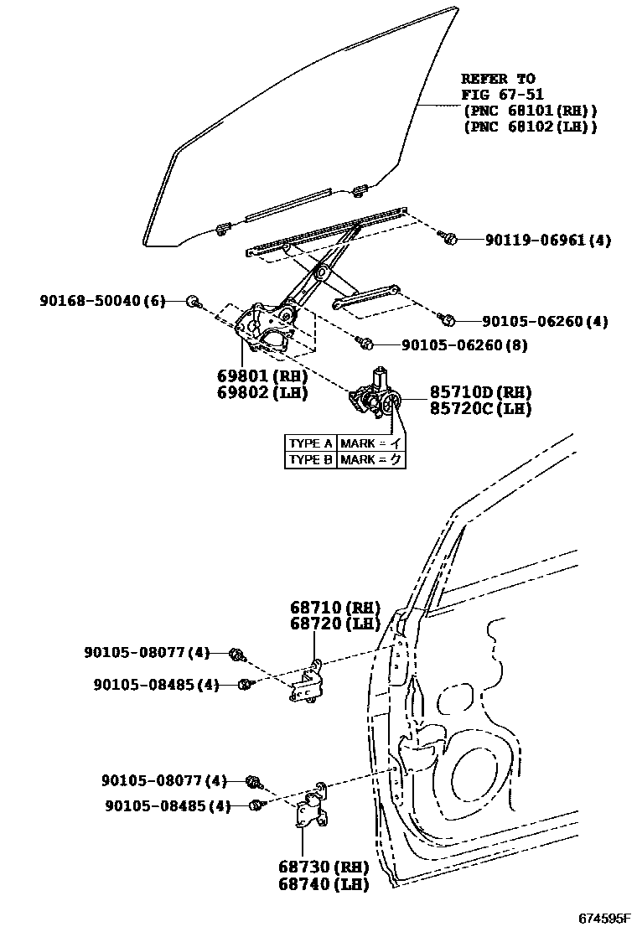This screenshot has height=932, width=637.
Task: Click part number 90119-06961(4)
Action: click(x=547, y=240)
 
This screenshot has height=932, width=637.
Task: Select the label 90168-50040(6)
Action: click(x=103, y=300)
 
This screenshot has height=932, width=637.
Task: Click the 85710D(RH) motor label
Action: click(x=480, y=392)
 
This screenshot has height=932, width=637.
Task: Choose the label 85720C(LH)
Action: click(x=480, y=408)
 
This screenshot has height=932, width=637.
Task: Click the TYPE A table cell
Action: click(x=310, y=443)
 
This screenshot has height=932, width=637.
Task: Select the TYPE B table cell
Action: click(x=310, y=459)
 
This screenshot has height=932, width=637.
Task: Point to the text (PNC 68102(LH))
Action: click(x=530, y=127)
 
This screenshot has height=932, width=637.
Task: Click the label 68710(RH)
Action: click(x=335, y=608)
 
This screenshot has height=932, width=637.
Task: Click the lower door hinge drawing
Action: click(x=311, y=805)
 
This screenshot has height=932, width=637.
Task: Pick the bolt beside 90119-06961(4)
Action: click(x=448, y=239)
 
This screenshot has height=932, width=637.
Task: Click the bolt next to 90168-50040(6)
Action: click(x=192, y=301)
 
